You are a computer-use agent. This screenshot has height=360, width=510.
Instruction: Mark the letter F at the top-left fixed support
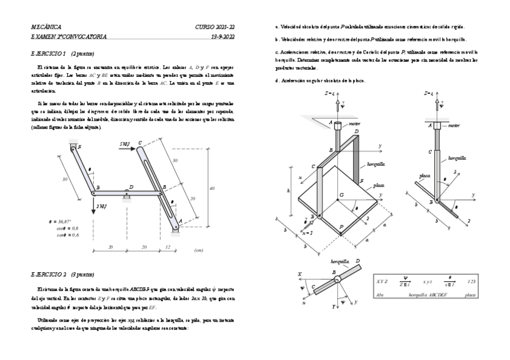pos(79,147)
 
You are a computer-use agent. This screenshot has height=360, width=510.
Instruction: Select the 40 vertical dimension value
pos(210,188)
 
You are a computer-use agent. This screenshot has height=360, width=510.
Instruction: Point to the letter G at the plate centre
pos(342,195)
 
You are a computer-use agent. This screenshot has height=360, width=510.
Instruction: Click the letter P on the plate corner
pos(342,227)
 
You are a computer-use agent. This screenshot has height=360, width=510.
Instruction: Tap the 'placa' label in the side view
pos(425,177)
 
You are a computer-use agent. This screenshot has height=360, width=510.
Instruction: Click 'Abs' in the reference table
pos(379,295)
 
